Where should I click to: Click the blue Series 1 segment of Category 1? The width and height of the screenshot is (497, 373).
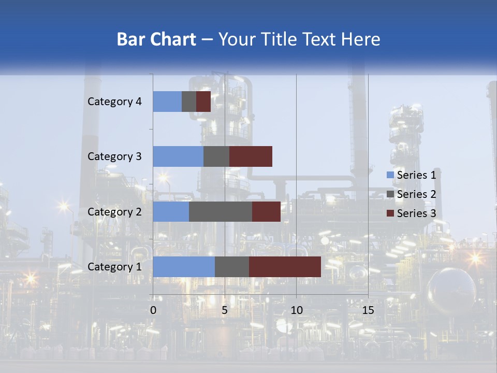(184, 267)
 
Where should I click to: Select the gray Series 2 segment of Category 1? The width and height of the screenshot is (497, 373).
(232, 267)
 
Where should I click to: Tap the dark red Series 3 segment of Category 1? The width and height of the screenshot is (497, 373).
(285, 267)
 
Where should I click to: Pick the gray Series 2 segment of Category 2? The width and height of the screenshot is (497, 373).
(221, 211)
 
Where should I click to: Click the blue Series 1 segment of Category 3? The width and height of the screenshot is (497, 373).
(178, 156)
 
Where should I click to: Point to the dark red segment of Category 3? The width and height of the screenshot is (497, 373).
(251, 156)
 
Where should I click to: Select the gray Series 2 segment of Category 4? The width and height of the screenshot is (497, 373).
(189, 102)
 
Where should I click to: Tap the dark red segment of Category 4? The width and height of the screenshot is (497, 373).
(203, 102)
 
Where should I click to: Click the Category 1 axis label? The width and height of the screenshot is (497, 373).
(114, 267)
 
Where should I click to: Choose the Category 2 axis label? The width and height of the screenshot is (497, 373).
(114, 211)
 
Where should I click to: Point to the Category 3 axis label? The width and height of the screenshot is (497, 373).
(114, 156)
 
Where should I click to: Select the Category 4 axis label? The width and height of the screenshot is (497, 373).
(114, 102)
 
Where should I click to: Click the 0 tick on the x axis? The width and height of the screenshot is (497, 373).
(153, 310)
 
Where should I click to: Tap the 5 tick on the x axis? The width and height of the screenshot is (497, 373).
(225, 310)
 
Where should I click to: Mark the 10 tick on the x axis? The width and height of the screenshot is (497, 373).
(296, 310)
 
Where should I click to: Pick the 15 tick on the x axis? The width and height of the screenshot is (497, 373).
(368, 310)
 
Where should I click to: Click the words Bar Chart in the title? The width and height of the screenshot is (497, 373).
(156, 39)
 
